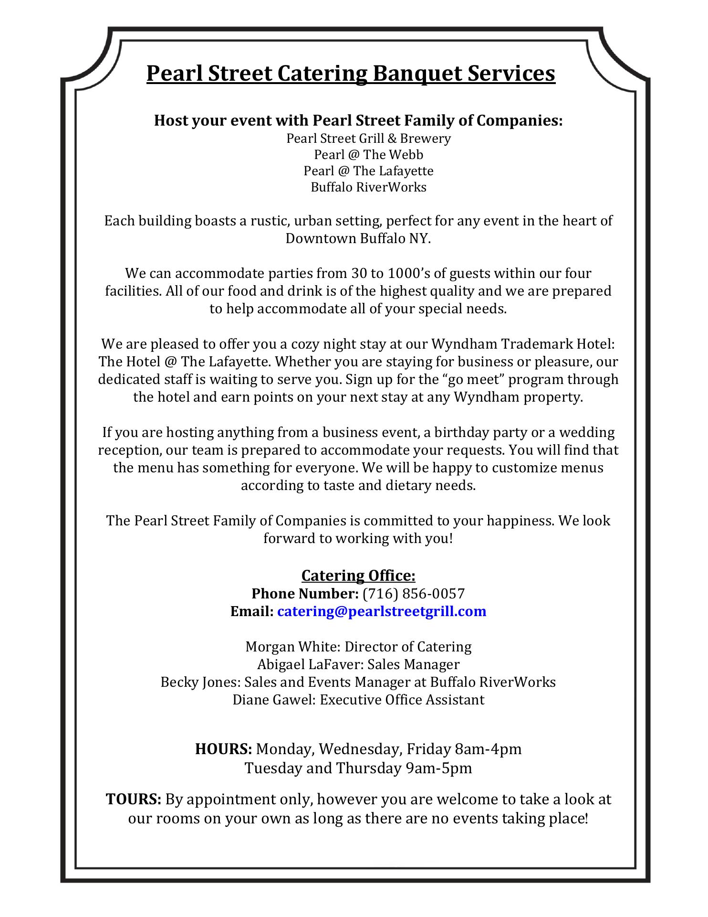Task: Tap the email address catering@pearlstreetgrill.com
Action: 382,611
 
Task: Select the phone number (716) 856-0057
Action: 414,594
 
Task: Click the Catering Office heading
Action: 358,576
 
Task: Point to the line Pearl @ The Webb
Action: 368,155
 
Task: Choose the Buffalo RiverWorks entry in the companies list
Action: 368,187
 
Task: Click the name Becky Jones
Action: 200,682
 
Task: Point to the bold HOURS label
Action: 223,748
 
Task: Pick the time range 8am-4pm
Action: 488,748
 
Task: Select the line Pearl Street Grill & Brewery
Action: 368,139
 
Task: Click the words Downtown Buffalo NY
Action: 358,238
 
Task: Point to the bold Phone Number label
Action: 305,594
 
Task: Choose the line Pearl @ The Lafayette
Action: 368,171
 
